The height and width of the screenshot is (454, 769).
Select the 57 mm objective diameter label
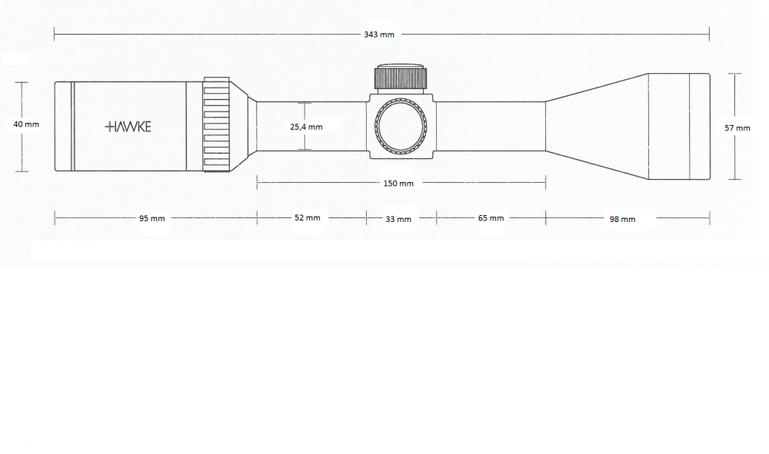[737, 128]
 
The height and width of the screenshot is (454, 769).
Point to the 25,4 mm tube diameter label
[306, 127]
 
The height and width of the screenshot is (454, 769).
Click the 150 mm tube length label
[398, 183]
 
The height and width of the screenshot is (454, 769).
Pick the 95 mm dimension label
[151, 218]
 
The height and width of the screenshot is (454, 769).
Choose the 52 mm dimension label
[307, 218]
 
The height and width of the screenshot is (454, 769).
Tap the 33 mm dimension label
[398, 219]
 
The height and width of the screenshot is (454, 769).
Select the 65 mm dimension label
[491, 218]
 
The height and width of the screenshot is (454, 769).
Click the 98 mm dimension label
[622, 219]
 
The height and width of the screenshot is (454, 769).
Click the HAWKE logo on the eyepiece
[128, 127]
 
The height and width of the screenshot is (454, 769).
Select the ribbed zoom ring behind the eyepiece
[217, 126]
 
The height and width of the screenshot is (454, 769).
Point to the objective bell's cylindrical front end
[677, 127]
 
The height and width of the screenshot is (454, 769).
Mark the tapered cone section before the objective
[596, 127]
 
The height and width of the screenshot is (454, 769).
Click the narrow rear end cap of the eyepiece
[62, 126]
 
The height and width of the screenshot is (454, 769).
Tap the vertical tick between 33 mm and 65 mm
[436, 218]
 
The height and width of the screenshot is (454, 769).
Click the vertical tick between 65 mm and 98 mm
[545, 218]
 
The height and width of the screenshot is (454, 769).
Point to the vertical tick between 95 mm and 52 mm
[256, 218]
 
